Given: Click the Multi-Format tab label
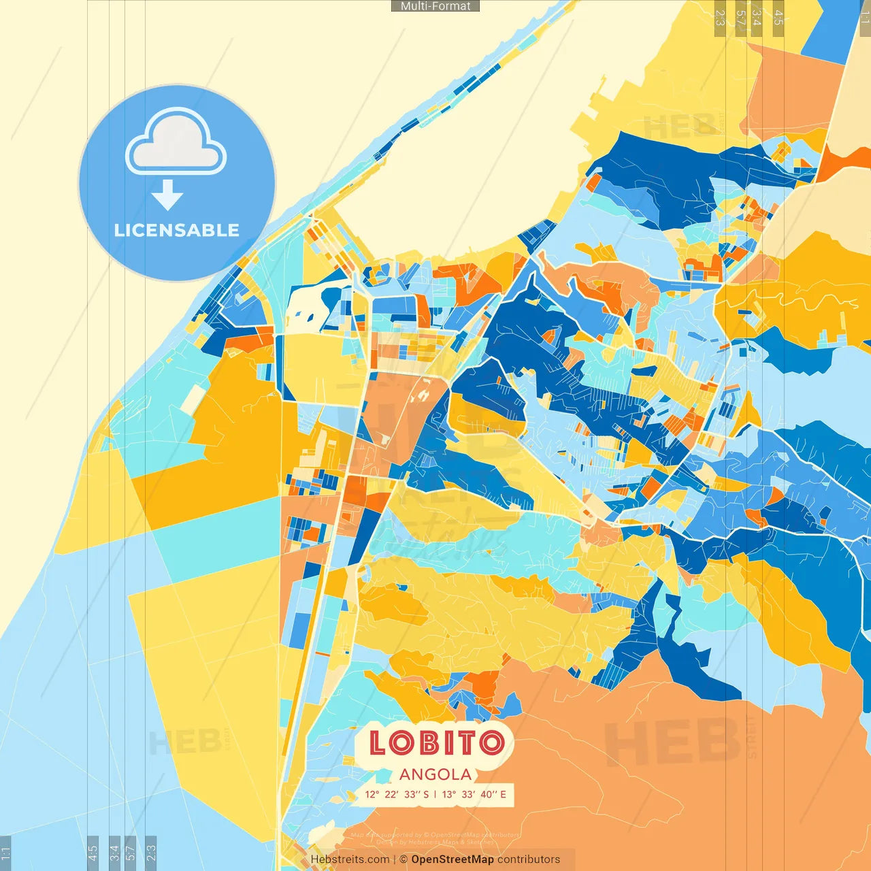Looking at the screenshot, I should pos(435,6).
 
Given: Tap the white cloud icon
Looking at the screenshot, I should pos(176,142).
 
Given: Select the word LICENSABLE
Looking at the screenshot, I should pos(177,231).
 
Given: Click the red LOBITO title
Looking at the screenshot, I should pos(437,743).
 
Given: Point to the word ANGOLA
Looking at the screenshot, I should pos(435,774).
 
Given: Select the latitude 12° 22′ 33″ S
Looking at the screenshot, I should pos(397,794).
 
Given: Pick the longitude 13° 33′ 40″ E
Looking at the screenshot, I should pos(474,794).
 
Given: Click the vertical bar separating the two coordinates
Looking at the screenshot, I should pos(435,794).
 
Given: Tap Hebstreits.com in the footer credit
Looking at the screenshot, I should pos(350,859).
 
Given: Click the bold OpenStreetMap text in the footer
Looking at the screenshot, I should pos(453,859).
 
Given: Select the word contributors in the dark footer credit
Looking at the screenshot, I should pos(529,859).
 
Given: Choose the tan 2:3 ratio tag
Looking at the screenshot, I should pos(720,18).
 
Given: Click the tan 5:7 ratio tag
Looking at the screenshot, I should pos(740,18).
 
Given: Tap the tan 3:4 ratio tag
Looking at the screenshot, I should pos(757,18).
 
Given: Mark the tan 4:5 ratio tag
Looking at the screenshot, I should pos(778,18).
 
